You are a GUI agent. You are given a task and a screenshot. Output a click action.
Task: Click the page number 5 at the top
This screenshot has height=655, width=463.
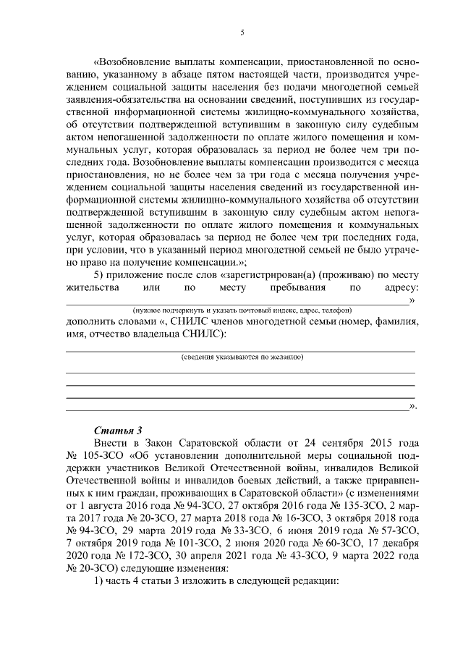[242, 33]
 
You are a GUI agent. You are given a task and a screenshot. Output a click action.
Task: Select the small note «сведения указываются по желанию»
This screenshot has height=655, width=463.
[242, 358]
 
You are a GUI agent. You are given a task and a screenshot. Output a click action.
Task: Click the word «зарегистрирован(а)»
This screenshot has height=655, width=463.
[248, 275]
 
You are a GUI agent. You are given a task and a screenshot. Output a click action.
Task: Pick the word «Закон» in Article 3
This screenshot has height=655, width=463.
[148, 442]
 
